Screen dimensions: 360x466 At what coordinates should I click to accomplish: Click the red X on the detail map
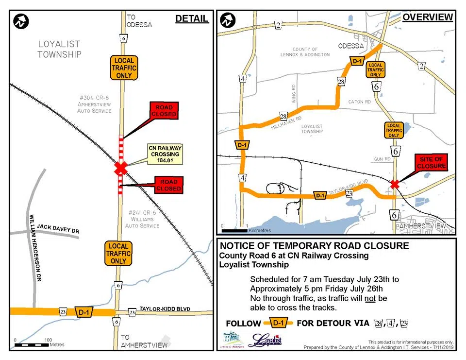pos(120,169)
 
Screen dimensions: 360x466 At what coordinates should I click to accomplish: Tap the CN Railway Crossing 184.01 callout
pos(163,154)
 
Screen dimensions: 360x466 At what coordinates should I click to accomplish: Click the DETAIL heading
pos(192,18)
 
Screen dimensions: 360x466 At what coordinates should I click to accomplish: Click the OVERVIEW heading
pos(428,17)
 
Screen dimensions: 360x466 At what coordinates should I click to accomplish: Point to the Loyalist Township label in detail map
pos(60,49)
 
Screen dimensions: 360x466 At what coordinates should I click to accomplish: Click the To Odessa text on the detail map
pos(139,20)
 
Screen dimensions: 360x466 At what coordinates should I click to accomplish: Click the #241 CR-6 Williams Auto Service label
pos(142,219)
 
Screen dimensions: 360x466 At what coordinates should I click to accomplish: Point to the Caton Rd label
pos(359,102)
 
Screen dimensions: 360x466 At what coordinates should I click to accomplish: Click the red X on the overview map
pos(395,184)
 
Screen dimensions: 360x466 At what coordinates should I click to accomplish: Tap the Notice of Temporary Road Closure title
pos(314,246)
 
